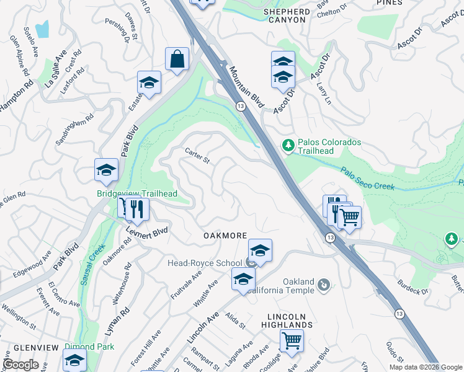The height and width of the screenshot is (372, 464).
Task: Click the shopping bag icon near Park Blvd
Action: coord(177,60)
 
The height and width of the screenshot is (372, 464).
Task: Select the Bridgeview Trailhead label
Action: coord(137,194)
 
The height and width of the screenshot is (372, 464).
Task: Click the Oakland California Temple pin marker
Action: coord(323,285)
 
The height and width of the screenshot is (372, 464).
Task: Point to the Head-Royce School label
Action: coord(204,263)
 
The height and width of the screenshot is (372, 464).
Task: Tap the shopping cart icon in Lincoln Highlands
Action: coord(291,340)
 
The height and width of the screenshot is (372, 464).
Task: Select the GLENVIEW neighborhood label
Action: coord(29,347)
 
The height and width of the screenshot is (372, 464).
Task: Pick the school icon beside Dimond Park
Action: coord(74,359)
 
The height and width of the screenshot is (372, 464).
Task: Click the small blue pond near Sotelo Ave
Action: coord(42,28)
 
